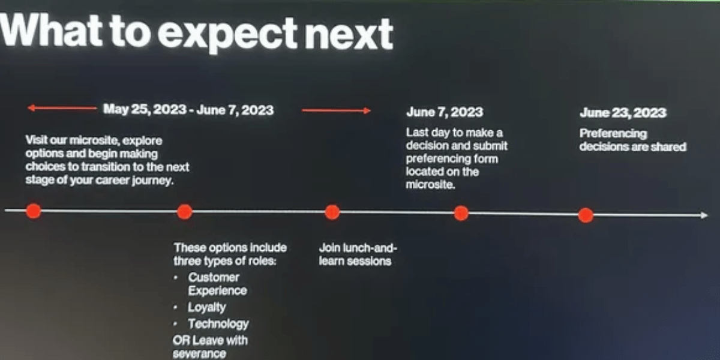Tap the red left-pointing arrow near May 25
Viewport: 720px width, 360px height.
click(x=62, y=108)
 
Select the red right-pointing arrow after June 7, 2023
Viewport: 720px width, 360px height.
click(x=336, y=110)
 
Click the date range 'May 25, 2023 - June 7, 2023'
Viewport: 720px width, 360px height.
click(x=188, y=110)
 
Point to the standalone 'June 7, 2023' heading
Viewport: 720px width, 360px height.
click(x=445, y=112)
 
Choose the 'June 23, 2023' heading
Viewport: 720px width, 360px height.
click(x=623, y=113)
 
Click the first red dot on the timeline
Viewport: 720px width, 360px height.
click(x=34, y=211)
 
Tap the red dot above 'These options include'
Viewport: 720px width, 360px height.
click(x=185, y=212)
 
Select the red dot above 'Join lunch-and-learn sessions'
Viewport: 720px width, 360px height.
click(x=332, y=212)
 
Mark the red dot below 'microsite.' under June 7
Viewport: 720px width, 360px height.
click(x=461, y=214)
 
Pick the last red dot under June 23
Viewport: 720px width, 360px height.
click(x=586, y=215)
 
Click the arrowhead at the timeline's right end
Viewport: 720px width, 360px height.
click(x=704, y=215)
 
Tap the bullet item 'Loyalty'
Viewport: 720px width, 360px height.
click(x=207, y=308)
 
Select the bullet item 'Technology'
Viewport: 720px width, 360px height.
click(x=218, y=324)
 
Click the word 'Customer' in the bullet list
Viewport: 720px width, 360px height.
click(x=214, y=277)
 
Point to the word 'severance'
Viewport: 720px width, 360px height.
click(x=199, y=353)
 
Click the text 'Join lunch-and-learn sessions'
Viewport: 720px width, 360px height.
click(x=358, y=254)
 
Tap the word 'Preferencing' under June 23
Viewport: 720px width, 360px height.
click(x=613, y=134)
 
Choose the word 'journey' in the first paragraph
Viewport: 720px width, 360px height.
click(x=152, y=181)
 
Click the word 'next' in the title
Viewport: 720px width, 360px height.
click(x=349, y=33)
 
